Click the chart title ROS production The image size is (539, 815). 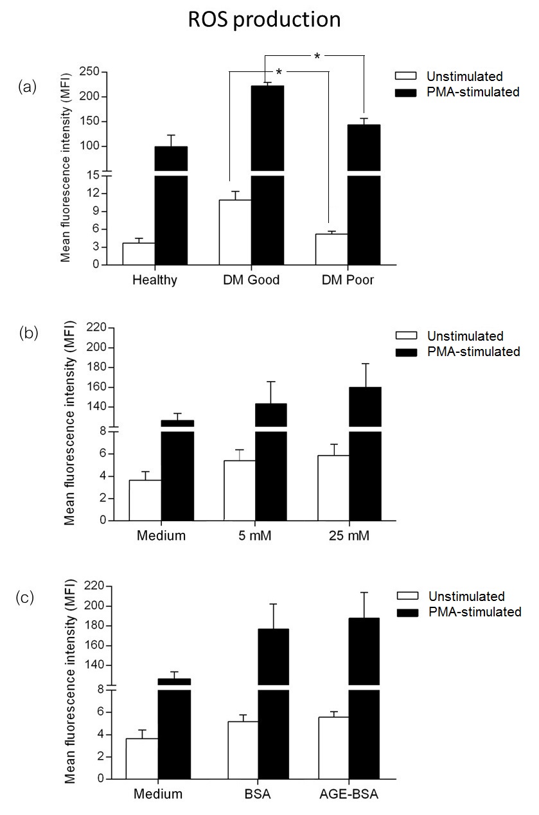click(264, 20)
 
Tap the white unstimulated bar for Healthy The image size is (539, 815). click(139, 253)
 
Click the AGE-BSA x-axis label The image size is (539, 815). click(349, 794)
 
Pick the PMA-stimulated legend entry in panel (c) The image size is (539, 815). click(464, 612)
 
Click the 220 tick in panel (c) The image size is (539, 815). click(94, 586)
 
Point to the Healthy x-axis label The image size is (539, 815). click(155, 281)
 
